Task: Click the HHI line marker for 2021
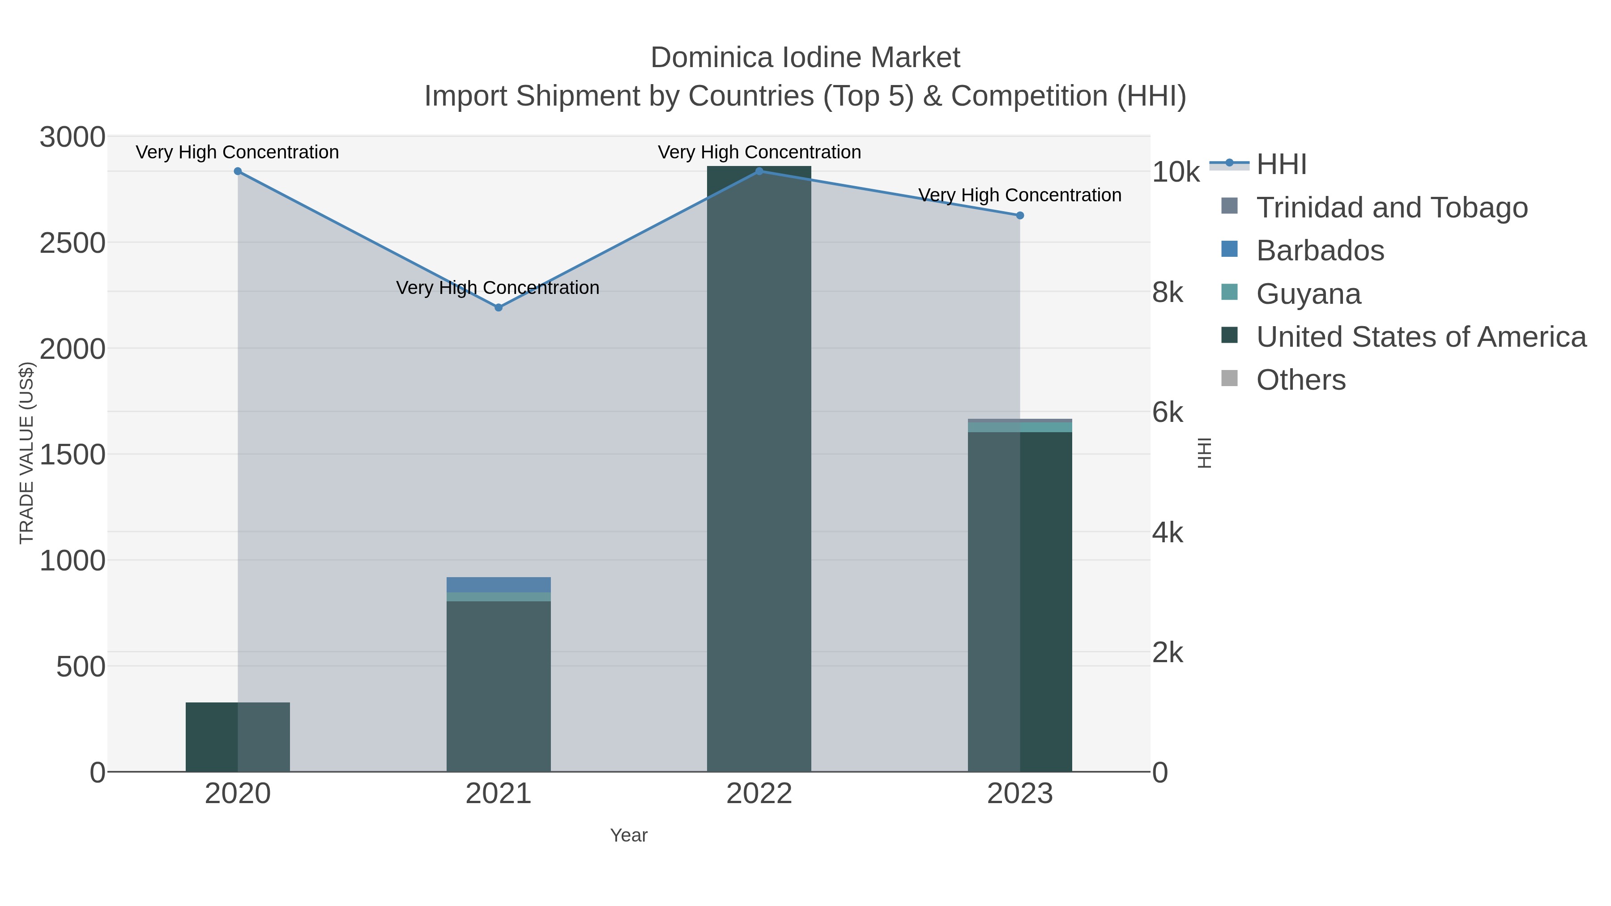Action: coord(499,308)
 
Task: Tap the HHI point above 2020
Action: coord(238,171)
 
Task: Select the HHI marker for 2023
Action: coord(1020,216)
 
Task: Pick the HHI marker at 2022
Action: coord(759,171)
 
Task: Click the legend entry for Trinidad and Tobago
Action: coord(1391,208)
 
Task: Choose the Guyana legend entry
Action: coord(1308,294)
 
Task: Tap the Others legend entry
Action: coord(1301,380)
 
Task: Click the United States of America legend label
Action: coord(1421,337)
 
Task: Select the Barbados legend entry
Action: coord(1320,251)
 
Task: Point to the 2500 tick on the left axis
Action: coord(72,243)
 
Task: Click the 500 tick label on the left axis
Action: coord(81,667)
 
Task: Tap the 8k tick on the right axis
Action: coord(1168,293)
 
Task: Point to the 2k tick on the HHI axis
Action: coord(1168,653)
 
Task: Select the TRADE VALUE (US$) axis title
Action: coord(26,453)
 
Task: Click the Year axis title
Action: coord(629,835)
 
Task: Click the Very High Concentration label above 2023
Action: coord(1020,196)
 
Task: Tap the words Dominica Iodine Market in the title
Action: coord(805,58)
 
